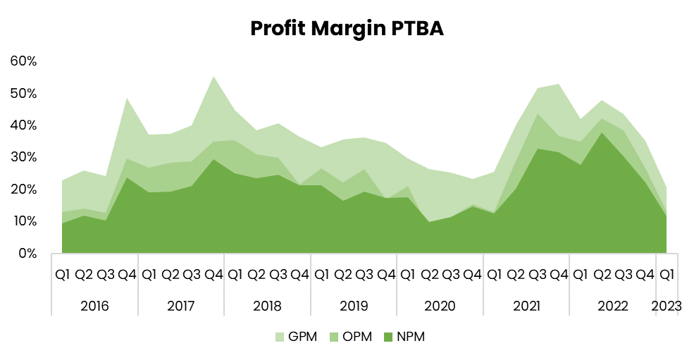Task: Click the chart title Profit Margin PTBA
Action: pos(347,28)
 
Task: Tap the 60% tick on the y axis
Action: pos(23,61)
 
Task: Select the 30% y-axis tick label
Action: pos(23,157)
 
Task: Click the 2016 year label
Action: pos(94,306)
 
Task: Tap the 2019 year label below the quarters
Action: pos(354,306)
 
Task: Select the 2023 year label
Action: pos(666,306)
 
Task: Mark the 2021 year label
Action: pos(526,306)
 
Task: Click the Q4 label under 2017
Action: pos(213,274)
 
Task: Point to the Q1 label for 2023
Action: pos(666,274)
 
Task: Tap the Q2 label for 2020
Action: pos(429,274)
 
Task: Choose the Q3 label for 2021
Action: pos(538,274)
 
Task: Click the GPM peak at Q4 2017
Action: pos(213,77)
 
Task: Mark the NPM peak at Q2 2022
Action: pos(602,133)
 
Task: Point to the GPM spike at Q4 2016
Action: pos(127,99)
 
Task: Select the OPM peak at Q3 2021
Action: pos(538,114)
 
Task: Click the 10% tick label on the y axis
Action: pos(23,221)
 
